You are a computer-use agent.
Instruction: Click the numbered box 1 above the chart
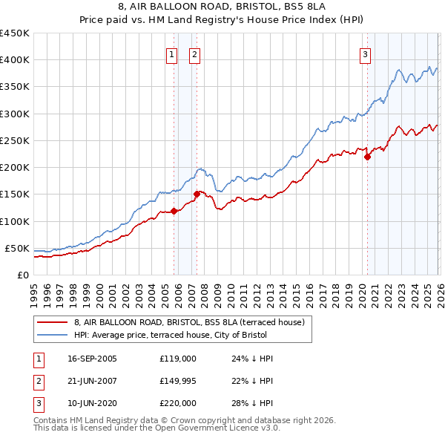click(x=171, y=53)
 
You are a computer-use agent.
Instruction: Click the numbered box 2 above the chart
click(x=194, y=53)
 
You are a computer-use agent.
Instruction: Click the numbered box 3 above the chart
click(x=366, y=53)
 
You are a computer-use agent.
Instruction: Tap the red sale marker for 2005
click(x=174, y=211)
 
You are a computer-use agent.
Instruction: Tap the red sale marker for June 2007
click(x=197, y=194)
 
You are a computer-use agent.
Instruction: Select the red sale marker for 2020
click(x=367, y=157)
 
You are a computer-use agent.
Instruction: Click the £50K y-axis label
click(x=17, y=248)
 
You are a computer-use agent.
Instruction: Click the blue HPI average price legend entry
click(x=192, y=336)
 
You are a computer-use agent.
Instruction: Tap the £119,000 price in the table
click(x=177, y=358)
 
